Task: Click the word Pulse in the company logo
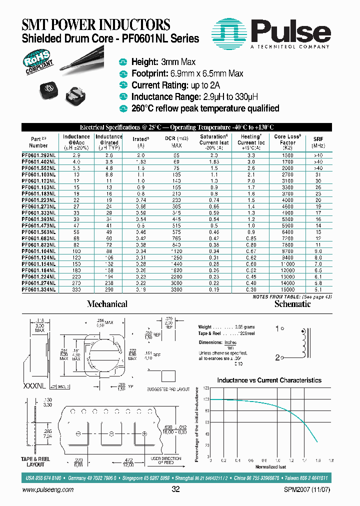290,32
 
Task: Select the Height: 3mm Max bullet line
163,62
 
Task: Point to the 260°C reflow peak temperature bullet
205,108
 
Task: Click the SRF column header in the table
318,140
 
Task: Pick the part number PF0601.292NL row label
39,156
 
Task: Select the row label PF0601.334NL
39,289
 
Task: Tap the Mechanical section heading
107,304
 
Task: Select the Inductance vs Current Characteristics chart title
269,380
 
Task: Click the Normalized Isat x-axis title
270,467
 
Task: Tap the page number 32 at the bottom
175,489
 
